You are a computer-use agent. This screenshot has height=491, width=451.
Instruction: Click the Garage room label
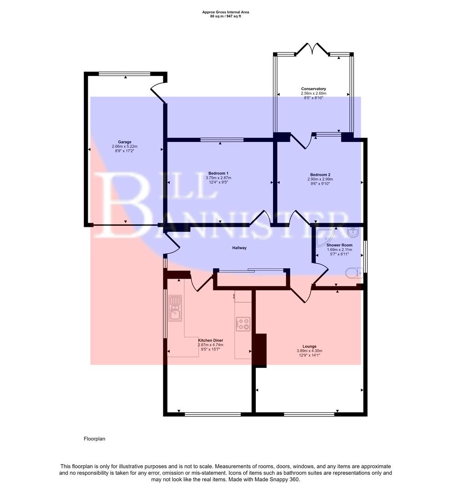pyautogui.click(x=124, y=142)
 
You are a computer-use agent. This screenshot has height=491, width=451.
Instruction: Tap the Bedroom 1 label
pyautogui.click(x=218, y=173)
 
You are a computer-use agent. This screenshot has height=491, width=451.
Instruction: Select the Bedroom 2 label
pyautogui.click(x=320, y=175)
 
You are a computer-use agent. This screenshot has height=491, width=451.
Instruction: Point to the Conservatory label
pyautogui.click(x=314, y=89)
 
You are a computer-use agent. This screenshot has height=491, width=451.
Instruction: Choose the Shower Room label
pyautogui.click(x=340, y=245)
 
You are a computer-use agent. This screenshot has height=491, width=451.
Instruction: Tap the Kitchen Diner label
pyautogui.click(x=210, y=340)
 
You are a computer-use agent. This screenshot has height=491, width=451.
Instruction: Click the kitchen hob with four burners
pyautogui.click(x=243, y=324)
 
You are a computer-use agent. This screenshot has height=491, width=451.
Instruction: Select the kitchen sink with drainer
pyautogui.click(x=175, y=307)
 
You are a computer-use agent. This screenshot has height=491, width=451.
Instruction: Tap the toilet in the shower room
pyautogui.click(x=353, y=273)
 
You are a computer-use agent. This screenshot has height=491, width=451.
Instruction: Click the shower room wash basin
pyautogui.click(x=353, y=232)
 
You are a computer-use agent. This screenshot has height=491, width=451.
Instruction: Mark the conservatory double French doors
pyautogui.click(x=313, y=50)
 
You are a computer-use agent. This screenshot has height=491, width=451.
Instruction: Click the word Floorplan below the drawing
pyautogui.click(x=94, y=439)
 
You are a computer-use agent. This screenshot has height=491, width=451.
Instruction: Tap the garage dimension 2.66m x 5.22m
pyautogui.click(x=124, y=146)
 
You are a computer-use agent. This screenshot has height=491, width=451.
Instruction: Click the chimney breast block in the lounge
pyautogui.click(x=260, y=350)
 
